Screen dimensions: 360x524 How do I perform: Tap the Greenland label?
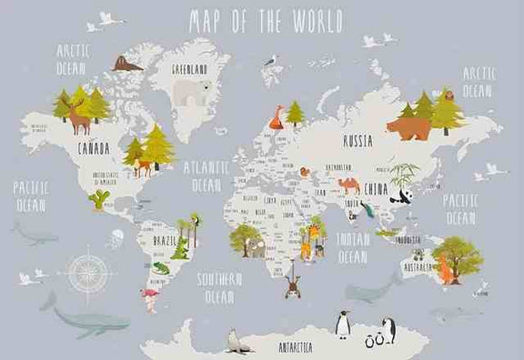(190, 68)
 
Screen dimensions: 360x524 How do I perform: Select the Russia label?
(357, 141)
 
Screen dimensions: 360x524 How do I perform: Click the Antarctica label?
(295, 346)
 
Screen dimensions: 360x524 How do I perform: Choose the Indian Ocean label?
(351, 248)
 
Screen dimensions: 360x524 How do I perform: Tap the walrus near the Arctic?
(127, 64)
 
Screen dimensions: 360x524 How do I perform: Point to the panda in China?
(399, 194)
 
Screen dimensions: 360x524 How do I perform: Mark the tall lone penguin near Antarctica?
(344, 324)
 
